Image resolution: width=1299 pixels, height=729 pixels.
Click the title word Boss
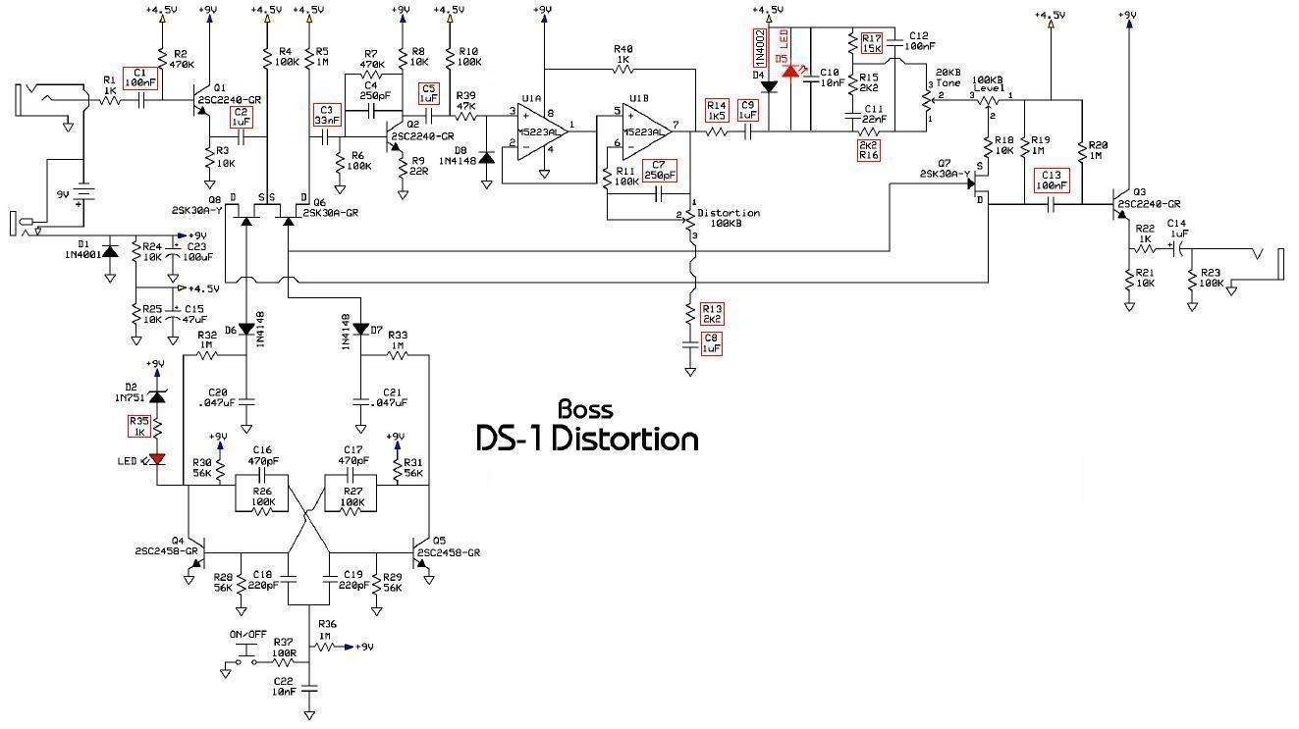585,409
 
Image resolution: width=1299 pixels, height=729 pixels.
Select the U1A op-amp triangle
538,128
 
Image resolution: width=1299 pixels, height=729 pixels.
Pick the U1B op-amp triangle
643,128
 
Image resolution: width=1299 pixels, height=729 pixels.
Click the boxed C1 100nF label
138,78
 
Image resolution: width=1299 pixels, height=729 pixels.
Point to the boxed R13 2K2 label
711,313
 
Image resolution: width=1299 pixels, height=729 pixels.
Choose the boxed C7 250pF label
660,169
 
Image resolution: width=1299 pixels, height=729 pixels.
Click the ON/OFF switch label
248,635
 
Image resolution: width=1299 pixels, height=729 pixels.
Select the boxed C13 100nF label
1051,180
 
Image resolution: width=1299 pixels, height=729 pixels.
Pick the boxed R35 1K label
139,426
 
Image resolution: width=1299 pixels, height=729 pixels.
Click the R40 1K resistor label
623,53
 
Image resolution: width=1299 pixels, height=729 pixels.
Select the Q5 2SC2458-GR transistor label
448,547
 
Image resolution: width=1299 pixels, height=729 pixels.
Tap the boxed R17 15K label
871,41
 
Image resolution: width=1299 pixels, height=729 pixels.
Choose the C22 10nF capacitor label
283,686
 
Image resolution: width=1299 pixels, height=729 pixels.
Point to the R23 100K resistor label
1212,279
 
